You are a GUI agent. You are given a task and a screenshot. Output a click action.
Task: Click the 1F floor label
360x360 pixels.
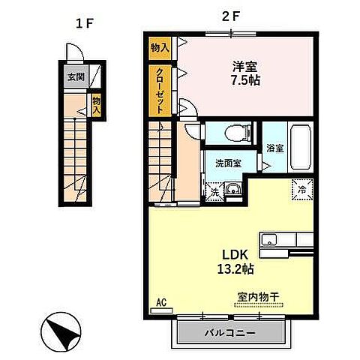point(83,22)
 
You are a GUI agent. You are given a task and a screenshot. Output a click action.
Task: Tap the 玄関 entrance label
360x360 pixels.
point(75,76)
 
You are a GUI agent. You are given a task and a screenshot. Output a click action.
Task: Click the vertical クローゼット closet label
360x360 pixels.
point(160,89)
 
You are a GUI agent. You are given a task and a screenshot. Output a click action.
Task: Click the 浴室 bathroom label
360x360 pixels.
point(274,148)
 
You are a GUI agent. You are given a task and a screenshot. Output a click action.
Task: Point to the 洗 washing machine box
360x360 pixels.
point(214,190)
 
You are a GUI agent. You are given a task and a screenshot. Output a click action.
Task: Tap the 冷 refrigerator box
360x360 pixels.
point(300,190)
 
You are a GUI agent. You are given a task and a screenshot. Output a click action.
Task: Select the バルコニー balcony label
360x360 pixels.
point(230,332)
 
